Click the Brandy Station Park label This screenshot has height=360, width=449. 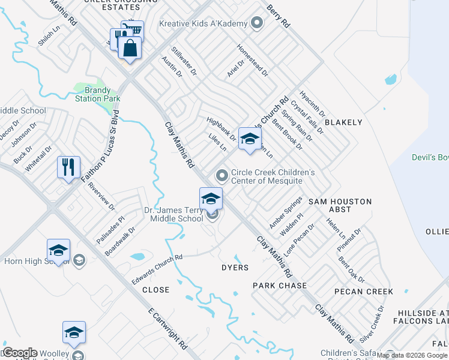click(98, 94)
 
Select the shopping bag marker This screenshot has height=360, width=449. click(129, 48)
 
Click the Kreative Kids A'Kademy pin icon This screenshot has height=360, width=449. click(257, 23)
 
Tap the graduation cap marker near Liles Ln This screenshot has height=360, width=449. click(249, 139)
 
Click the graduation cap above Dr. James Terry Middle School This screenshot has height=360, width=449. click(211, 198)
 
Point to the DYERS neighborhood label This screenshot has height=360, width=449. click(235, 268)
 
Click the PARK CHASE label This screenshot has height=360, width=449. click(280, 286)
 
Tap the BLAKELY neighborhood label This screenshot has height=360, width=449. click(343, 122)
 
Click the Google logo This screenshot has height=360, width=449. click(19, 353)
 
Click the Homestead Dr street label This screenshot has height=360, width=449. click(252, 59)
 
